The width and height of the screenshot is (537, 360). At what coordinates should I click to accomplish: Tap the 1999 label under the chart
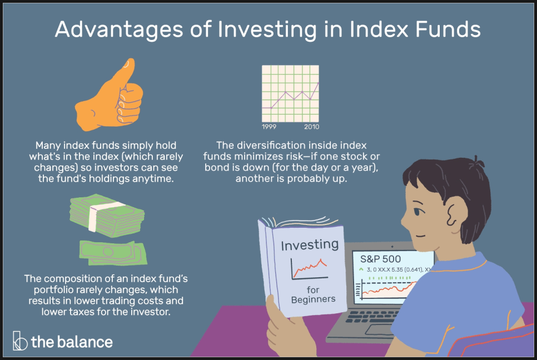pyautogui.click(x=269, y=127)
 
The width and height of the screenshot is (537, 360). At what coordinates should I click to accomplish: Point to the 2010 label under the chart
pyautogui.click(x=311, y=127)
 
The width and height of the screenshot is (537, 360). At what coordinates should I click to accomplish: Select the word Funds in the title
pyautogui.click(x=448, y=29)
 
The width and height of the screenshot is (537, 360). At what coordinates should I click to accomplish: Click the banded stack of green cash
pyautogui.click(x=107, y=215)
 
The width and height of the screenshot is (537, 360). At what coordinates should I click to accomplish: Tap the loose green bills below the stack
pyautogui.click(x=113, y=253)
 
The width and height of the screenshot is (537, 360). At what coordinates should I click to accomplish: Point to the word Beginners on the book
pyautogui.click(x=313, y=299)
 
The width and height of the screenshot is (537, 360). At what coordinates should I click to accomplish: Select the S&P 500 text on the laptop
pyautogui.click(x=380, y=259)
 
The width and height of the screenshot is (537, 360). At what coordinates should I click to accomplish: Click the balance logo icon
pyautogui.click(x=20, y=341)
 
